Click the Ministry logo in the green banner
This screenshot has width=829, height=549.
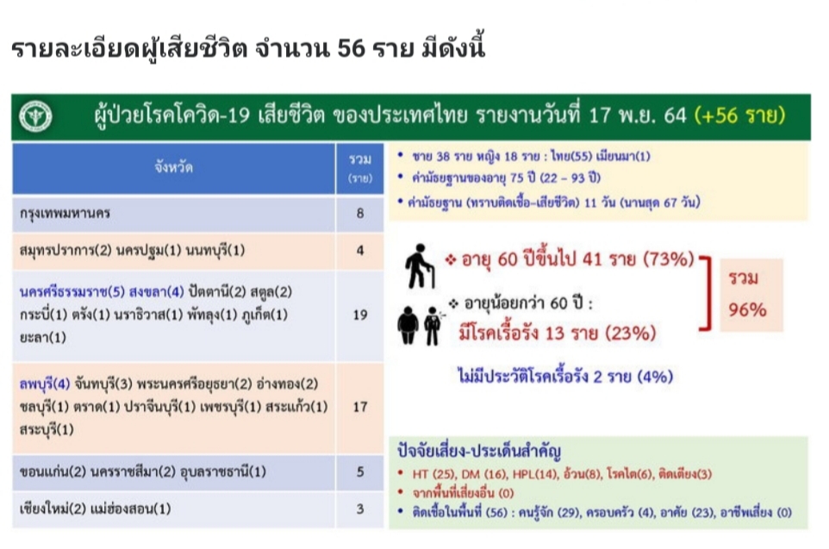tap(35, 115)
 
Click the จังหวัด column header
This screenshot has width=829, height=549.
tap(173, 168)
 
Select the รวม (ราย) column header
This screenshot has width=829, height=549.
tap(360, 168)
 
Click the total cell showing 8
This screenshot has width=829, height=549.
tap(360, 213)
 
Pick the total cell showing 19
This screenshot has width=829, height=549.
tap(360, 315)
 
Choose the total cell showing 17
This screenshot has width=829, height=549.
tap(360, 407)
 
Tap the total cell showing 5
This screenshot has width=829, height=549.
tap(360, 471)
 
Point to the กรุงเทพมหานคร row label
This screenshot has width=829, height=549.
tap(65, 214)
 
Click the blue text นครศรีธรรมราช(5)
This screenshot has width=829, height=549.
tap(72, 292)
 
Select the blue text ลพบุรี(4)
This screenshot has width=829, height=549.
tap(45, 384)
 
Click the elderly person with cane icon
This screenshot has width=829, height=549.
tap(421, 265)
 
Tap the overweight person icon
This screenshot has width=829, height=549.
tap(408, 325)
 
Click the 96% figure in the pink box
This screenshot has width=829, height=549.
tap(748, 310)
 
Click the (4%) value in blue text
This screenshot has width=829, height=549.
tap(655, 377)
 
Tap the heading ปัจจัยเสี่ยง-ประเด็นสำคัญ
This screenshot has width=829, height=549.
tap(479, 451)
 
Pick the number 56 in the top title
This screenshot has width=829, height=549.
tap(351, 48)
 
